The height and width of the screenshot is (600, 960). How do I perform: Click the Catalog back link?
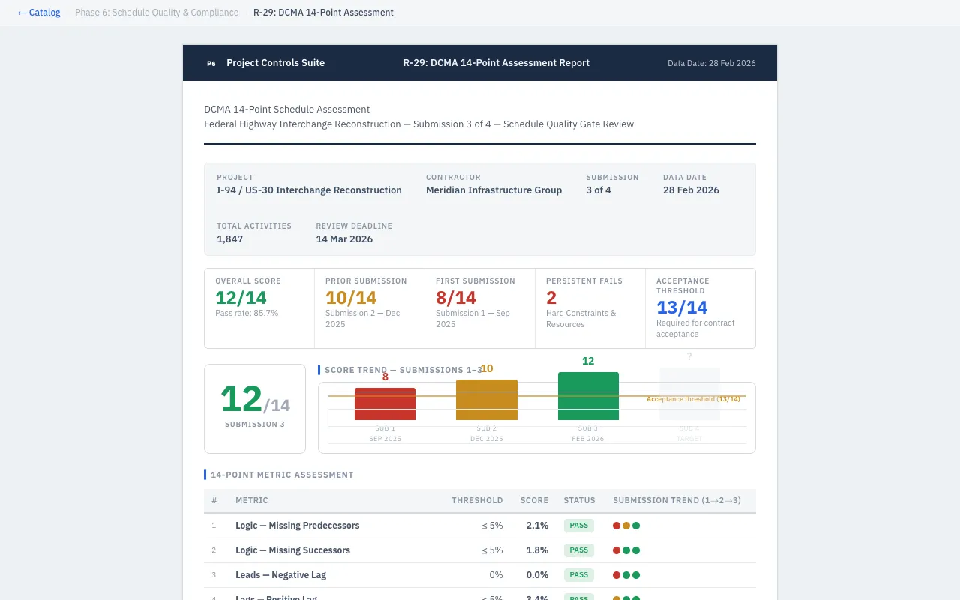pyautogui.click(x=39, y=13)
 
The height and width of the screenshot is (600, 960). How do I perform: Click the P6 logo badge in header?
pyautogui.click(x=211, y=64)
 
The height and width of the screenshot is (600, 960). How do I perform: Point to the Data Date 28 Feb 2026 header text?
pyautogui.click(x=711, y=64)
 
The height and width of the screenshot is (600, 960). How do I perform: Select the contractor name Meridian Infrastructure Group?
pyautogui.click(x=493, y=190)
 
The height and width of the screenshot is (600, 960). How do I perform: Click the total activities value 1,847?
pyautogui.click(x=229, y=239)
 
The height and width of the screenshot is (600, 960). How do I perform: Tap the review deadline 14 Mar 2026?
pyautogui.click(x=344, y=239)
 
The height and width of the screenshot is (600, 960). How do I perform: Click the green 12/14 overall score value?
pyautogui.click(x=241, y=298)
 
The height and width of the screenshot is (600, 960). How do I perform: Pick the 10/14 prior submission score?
pyautogui.click(x=351, y=298)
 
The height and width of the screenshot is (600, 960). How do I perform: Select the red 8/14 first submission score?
pyautogui.click(x=456, y=298)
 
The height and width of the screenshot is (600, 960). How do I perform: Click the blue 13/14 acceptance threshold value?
pyautogui.click(x=682, y=307)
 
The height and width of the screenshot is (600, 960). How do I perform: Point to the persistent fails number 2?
pyautogui.click(x=551, y=298)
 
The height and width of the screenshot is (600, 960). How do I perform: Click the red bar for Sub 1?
pyautogui.click(x=385, y=404)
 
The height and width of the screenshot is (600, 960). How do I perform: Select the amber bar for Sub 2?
pyautogui.click(x=487, y=400)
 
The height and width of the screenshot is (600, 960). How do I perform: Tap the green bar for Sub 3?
pyautogui.click(x=588, y=396)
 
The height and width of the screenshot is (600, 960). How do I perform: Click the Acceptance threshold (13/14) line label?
pyautogui.click(x=693, y=399)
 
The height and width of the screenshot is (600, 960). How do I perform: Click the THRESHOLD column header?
pyautogui.click(x=477, y=500)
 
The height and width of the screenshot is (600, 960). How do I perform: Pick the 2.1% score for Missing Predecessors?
pyautogui.click(x=537, y=526)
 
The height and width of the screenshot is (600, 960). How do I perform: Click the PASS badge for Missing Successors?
pyautogui.click(x=578, y=550)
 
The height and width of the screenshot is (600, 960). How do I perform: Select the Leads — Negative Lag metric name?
pyautogui.click(x=280, y=575)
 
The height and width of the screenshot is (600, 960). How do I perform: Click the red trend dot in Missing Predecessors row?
pyautogui.click(x=616, y=526)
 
